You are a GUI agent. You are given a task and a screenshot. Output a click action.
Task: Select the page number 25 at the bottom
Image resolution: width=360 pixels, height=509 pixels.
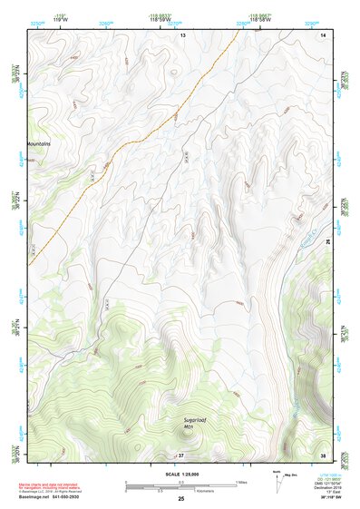click(x=181, y=500)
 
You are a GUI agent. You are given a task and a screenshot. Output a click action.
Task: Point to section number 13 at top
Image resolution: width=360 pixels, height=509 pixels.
click(x=181, y=34)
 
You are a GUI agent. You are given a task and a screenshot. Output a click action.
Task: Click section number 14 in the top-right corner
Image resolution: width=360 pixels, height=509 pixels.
click(x=324, y=34)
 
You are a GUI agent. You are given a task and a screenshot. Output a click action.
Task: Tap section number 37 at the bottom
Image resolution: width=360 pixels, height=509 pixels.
click(x=181, y=454)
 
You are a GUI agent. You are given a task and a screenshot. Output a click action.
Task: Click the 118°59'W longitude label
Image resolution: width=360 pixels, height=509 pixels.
click(x=176, y=18)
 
